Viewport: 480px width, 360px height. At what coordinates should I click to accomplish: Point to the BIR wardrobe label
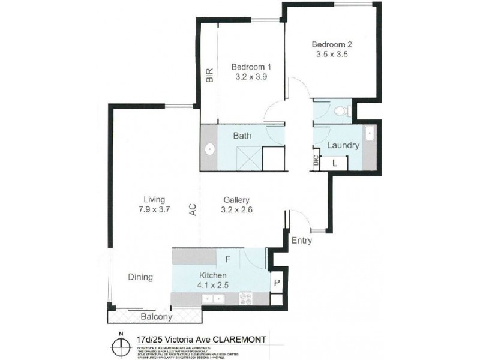coord(209,74)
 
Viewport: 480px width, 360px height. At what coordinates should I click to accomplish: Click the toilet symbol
coord(341,110)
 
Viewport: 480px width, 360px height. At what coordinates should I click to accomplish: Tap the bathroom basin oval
coord(209,149)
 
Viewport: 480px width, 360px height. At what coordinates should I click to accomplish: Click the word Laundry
coord(343,145)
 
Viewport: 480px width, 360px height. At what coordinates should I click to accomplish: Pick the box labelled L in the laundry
coord(334,162)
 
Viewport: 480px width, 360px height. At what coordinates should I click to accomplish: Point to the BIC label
coord(316,161)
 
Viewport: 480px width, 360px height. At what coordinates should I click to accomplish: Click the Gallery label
coord(236,200)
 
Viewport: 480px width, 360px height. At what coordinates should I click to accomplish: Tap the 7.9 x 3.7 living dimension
coord(154,210)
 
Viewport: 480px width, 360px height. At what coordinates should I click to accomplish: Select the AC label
coord(193,209)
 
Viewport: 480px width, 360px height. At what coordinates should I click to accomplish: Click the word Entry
coord(301,240)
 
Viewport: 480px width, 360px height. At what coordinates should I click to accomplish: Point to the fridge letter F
coord(227,260)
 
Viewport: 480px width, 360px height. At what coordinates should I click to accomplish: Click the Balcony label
coord(157,316)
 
